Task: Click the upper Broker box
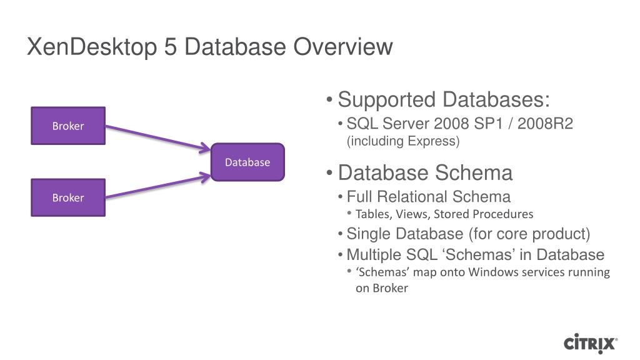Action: coord(68,126)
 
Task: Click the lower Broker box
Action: coord(68,197)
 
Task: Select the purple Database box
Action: coord(247,162)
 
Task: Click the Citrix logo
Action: coord(591,343)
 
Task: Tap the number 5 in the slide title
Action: coord(171,47)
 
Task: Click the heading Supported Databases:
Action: coord(444,99)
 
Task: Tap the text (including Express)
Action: coord(403,141)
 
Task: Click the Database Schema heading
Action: coord(425,172)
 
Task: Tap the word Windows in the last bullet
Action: coord(494,272)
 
